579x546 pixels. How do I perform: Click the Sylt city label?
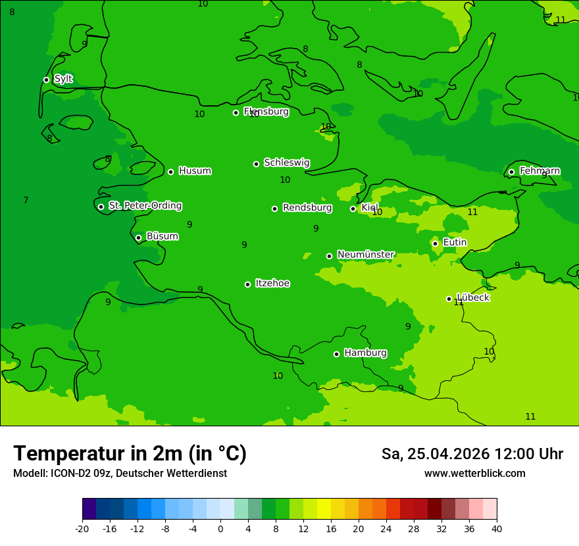coord(63,79)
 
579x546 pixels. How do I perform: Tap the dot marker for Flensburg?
coord(236,112)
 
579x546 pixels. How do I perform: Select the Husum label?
coord(195,171)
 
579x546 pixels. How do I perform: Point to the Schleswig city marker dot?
coord(256,164)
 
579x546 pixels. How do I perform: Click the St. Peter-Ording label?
coord(145,206)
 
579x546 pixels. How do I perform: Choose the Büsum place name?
coord(162,236)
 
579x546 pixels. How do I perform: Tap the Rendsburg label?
coord(307,208)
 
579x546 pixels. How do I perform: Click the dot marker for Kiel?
coord(353,209)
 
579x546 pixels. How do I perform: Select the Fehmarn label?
coord(540,171)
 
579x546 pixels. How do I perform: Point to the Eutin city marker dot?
coord(435,243)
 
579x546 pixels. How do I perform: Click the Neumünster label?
coord(366,255)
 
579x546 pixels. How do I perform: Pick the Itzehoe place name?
coord(272,284)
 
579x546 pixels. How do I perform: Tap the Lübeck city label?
coord(473,297)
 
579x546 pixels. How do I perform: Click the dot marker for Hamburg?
coord(336,354)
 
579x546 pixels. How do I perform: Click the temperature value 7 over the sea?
coord(26,200)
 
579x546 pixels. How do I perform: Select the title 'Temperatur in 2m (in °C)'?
coord(130,453)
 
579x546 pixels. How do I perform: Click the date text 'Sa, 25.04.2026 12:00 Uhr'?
coord(472,454)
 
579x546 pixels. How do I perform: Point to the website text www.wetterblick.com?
coord(474,473)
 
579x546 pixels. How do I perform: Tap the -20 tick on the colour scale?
coord(82,528)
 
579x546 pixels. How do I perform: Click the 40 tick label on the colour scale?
coord(496,528)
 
